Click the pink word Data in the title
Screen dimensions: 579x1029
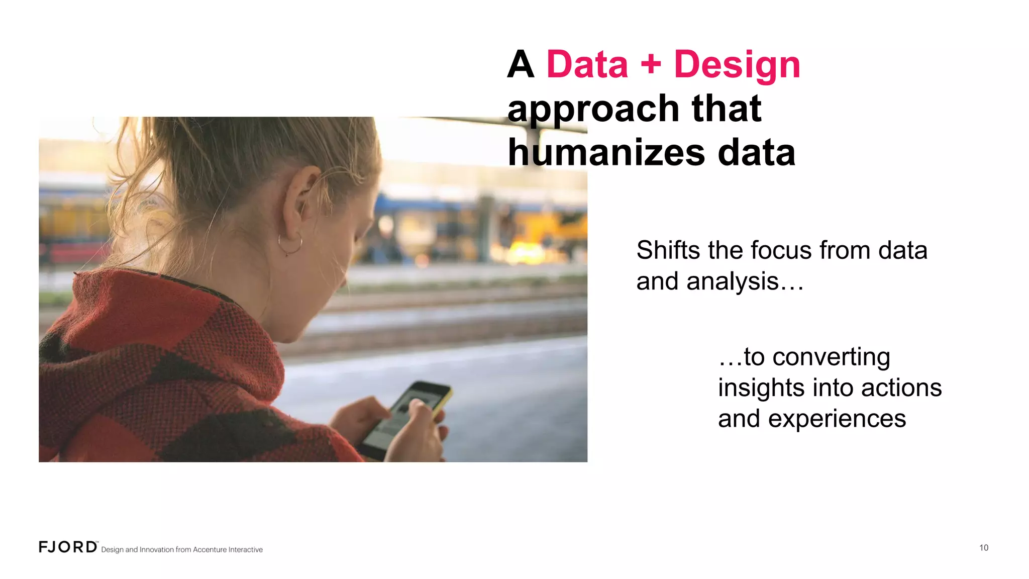point(587,65)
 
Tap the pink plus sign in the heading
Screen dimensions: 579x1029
point(651,65)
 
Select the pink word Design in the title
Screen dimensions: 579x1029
point(737,65)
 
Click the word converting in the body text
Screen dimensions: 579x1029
point(831,357)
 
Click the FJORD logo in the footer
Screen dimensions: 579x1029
point(68,547)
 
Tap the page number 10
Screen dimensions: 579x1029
point(983,548)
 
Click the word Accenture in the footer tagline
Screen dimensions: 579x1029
point(210,550)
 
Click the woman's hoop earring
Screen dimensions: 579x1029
point(290,244)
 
